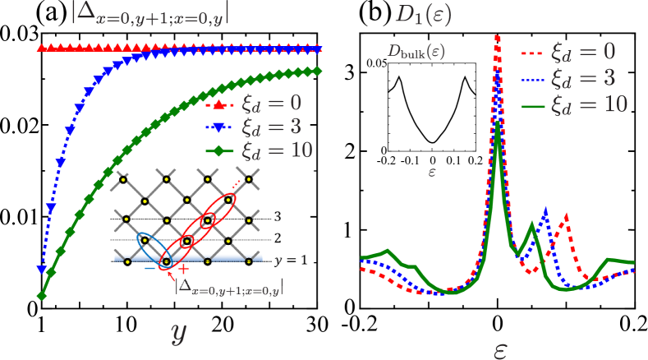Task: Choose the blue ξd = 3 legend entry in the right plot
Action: [x=568, y=79]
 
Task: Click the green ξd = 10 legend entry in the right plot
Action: [x=568, y=104]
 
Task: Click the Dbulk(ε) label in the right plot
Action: [x=416, y=51]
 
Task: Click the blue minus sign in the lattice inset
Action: [x=149, y=268]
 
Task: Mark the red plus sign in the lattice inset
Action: [x=183, y=268]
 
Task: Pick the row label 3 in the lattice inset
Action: [x=278, y=217]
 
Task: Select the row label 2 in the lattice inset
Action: [x=278, y=239]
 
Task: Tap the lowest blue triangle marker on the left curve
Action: [x=41, y=268]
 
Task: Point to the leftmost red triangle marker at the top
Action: [x=41, y=48]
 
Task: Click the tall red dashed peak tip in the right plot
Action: [x=497, y=36]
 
